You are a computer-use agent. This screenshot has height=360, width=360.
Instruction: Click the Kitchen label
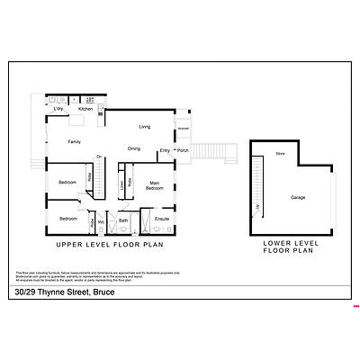click(x=85, y=109)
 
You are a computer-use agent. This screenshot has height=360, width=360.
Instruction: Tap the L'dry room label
click(x=58, y=109)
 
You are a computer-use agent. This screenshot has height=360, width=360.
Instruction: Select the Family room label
click(x=74, y=141)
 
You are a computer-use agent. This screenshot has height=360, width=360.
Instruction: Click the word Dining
click(x=133, y=148)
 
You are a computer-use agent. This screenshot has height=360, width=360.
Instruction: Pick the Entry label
click(x=165, y=150)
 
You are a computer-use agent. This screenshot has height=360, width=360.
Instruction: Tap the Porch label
click(x=183, y=150)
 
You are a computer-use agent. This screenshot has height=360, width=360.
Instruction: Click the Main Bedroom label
click(x=155, y=187)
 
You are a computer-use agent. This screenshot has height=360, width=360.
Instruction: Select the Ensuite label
click(x=162, y=219)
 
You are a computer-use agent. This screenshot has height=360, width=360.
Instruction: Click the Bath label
click(x=123, y=220)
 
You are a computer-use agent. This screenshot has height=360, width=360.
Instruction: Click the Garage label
click(x=298, y=196)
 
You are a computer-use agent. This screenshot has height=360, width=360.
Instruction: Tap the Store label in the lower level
click(x=280, y=154)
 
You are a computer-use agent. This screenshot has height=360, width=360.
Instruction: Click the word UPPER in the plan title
click(x=71, y=244)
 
